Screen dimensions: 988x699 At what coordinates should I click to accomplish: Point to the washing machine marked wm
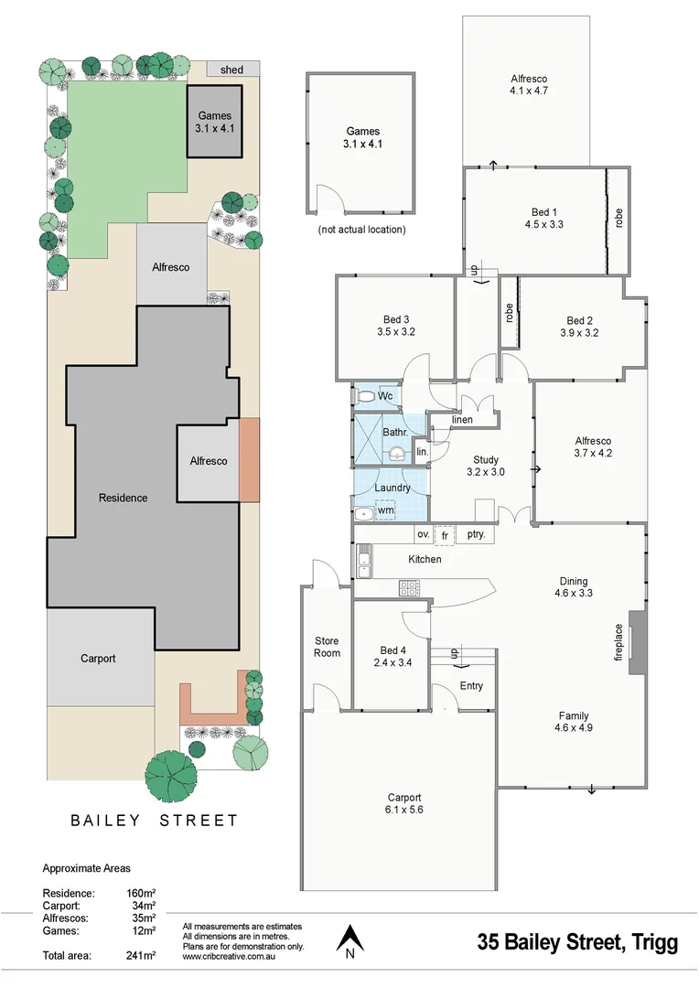coord(385,511)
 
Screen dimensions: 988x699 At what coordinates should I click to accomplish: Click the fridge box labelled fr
coord(445,534)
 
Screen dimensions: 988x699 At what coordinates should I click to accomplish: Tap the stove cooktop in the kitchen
coord(407,589)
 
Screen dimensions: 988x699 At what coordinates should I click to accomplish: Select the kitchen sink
coord(364,559)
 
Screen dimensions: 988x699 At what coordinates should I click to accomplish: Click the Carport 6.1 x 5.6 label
coord(403,803)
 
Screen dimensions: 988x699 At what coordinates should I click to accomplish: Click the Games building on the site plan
coord(216,123)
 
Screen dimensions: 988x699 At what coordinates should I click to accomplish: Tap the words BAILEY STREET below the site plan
coord(155,821)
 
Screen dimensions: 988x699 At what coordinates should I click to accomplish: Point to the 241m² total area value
coord(141,955)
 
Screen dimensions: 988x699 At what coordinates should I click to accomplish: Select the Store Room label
coord(327,647)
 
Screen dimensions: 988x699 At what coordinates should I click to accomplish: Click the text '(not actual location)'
coord(361,230)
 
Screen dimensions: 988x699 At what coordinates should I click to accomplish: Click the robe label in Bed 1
coord(618,218)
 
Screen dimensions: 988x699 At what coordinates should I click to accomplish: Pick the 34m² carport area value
coord(143,906)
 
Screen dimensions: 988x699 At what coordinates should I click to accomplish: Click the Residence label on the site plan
coord(123,498)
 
